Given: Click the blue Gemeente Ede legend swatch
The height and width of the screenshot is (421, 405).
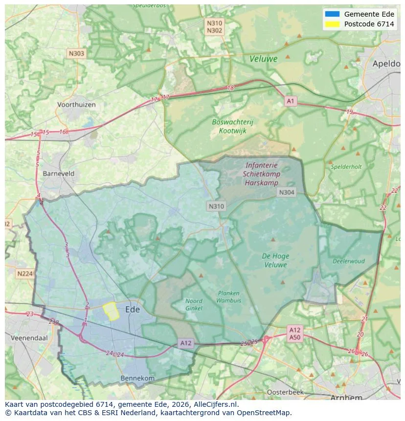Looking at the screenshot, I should (332, 14).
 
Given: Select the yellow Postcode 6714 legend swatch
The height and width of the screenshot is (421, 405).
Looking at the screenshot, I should (332, 24).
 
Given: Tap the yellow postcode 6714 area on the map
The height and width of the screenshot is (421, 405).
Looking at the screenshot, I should (111, 311).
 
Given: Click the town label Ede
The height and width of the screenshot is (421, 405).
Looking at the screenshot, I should (133, 310).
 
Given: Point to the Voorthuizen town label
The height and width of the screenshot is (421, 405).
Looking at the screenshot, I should (76, 105).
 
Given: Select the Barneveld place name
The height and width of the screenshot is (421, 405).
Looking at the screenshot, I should (59, 174).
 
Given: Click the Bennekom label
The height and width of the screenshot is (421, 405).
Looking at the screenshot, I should (137, 378).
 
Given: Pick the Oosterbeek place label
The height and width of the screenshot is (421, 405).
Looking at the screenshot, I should (285, 392).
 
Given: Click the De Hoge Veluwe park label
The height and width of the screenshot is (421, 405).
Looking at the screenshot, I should (275, 260).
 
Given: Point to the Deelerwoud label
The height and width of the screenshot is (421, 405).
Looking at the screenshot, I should (349, 261).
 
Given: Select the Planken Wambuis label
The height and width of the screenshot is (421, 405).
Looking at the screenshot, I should (228, 297).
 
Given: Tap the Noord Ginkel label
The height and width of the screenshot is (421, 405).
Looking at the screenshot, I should (194, 305).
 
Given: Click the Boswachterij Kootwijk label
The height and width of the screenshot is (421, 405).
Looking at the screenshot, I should (233, 126).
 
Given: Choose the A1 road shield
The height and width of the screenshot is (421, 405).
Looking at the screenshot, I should (291, 101).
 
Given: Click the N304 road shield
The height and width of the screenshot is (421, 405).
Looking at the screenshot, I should (286, 192).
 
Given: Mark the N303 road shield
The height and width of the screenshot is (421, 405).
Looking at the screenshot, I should (76, 54).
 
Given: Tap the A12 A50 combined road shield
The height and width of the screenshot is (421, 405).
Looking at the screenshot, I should (294, 333).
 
